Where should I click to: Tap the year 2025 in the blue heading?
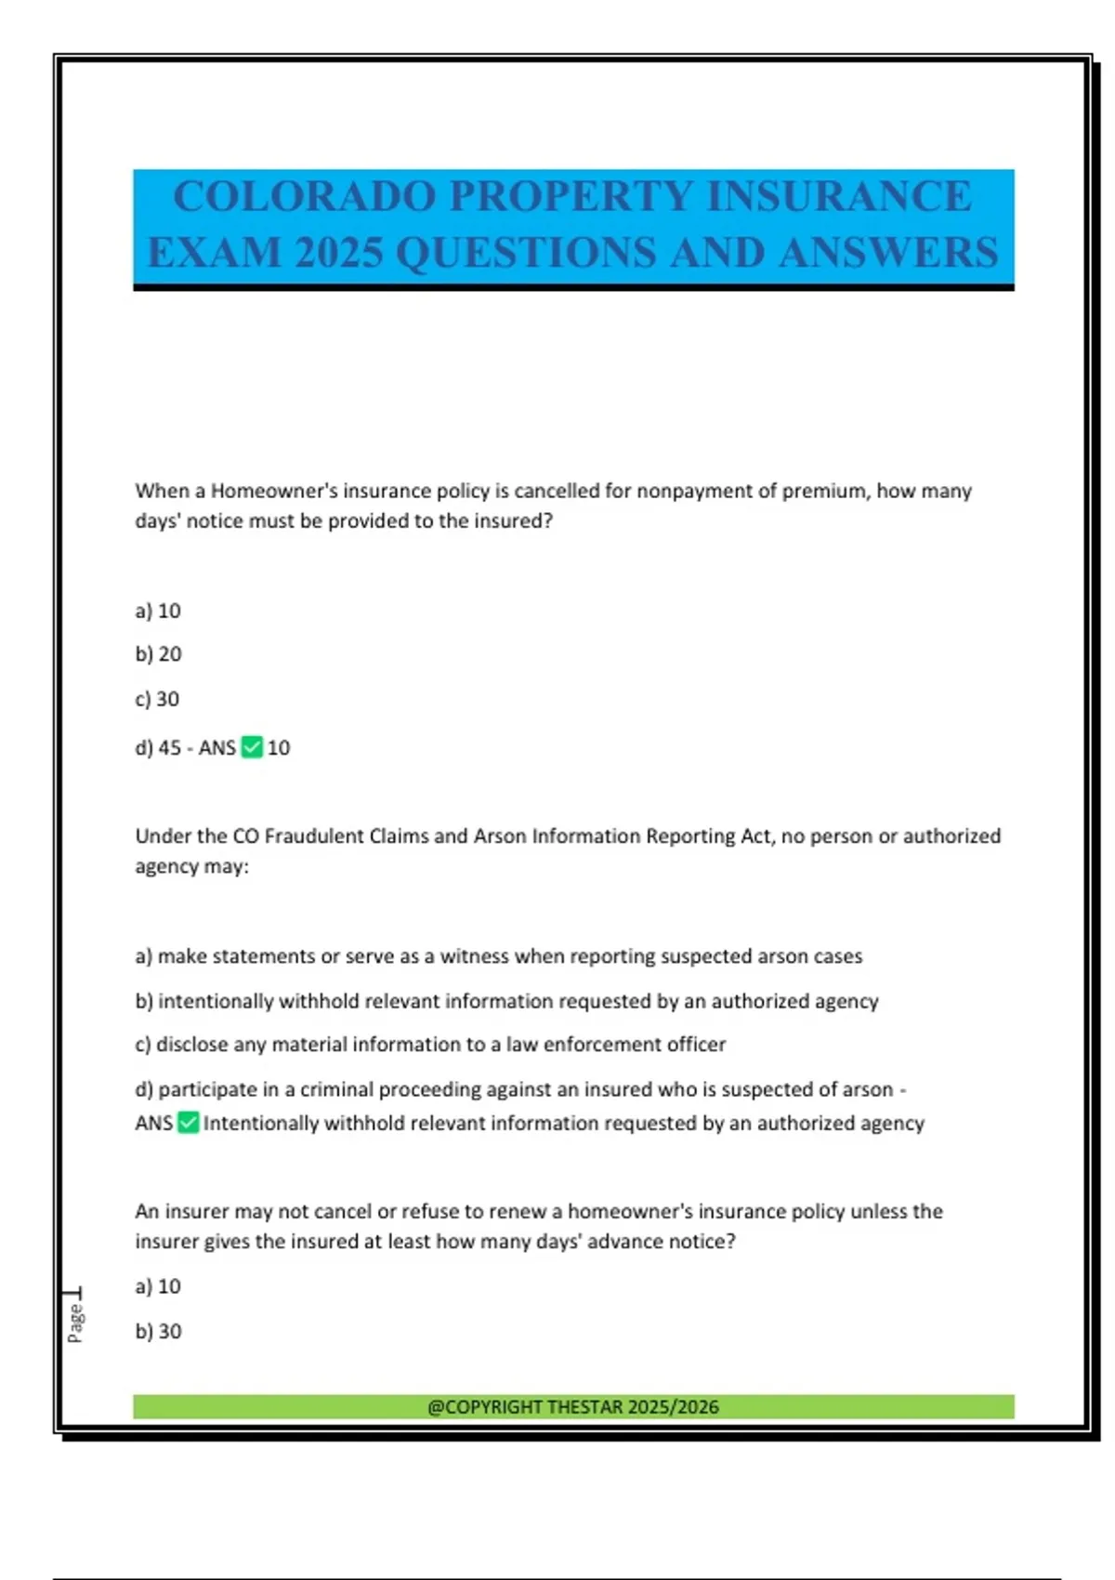click(x=338, y=253)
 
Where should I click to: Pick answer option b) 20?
click(x=158, y=654)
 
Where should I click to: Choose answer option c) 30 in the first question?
click(x=157, y=699)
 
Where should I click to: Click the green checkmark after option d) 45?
click(x=252, y=747)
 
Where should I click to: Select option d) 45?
click(x=158, y=748)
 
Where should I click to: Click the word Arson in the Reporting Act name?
click(x=501, y=836)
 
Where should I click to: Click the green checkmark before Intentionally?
click(x=188, y=1123)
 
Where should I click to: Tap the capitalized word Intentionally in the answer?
click(x=261, y=1124)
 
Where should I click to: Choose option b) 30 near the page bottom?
click(x=158, y=1332)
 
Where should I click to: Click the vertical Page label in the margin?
click(x=75, y=1322)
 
